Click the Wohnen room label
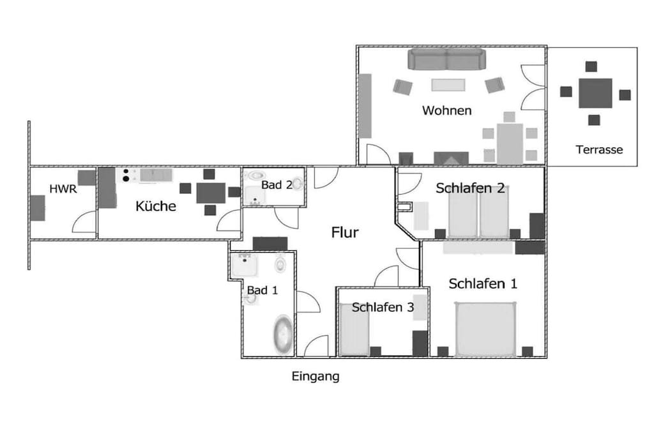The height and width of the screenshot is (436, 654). coord(446,110)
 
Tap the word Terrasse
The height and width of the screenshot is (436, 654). coord(599,149)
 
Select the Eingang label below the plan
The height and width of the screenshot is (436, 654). coord(316,377)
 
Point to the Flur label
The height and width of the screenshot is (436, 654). coord(345,232)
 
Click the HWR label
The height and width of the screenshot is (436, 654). coord(63,189)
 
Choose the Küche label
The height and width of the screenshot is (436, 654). coord(156,206)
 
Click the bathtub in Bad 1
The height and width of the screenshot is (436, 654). coord(283,335)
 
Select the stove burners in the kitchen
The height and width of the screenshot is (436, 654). coord(126,175)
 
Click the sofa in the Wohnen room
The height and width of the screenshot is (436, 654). coord(446,59)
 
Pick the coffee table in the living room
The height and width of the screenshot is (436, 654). coord(448,85)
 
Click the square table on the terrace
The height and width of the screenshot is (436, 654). coord(595,93)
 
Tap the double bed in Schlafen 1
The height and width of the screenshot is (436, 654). coord(485,329)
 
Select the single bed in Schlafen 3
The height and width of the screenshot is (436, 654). coord(354,329)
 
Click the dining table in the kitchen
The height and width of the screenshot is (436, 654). coord(211,193)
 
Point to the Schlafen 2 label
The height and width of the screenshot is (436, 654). coord(470,188)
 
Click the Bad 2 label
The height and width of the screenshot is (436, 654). coord(277,185)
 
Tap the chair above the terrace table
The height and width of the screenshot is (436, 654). coord(591,66)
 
